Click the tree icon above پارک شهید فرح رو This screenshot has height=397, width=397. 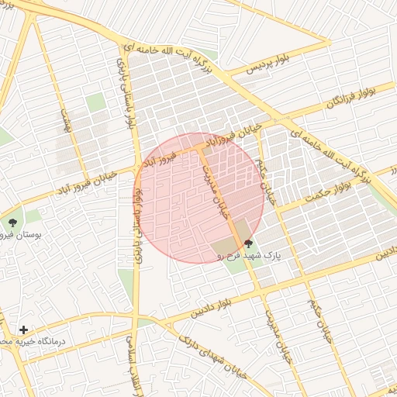coord(248,243)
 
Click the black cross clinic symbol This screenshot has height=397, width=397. coord(23,330)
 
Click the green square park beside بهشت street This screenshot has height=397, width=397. coord(95,102)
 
